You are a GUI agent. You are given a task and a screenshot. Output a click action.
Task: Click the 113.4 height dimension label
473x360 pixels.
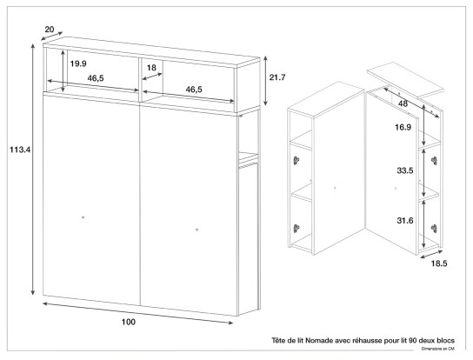[x=20, y=150]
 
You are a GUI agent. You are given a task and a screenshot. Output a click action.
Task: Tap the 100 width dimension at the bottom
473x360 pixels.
[x=129, y=323]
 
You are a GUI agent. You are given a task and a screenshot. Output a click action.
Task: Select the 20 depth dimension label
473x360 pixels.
[x=50, y=30]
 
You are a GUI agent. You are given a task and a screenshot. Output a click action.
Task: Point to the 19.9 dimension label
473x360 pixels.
[x=78, y=63]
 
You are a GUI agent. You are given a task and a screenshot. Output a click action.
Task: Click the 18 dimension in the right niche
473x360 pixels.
[x=151, y=68]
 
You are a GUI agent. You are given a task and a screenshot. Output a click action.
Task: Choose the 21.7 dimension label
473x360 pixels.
[x=277, y=77]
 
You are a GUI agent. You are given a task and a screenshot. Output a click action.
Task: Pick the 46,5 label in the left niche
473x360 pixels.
[x=96, y=78]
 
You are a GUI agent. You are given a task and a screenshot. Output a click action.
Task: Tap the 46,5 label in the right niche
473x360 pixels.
[x=194, y=90]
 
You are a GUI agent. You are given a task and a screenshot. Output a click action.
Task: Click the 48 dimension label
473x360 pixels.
[x=403, y=103]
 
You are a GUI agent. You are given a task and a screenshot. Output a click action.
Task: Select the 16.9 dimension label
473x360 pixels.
[x=403, y=127]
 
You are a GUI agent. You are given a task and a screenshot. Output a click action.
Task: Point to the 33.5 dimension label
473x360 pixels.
[x=405, y=170]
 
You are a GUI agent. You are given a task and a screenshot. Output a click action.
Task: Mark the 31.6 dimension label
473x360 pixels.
[x=405, y=221]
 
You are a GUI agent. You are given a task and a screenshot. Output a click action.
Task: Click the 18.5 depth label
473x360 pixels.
[x=439, y=263]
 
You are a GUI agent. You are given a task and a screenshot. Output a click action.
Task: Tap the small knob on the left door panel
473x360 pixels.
[x=83, y=217]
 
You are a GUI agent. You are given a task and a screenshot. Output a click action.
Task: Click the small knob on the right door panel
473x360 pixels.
[x=197, y=230]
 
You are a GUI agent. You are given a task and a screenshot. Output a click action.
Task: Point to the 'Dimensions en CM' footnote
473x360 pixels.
[x=438, y=349]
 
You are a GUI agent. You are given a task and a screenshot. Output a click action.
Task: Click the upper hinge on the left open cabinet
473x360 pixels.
[x=296, y=160]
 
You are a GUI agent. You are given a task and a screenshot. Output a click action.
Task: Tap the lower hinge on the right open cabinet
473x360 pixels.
[x=435, y=229]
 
